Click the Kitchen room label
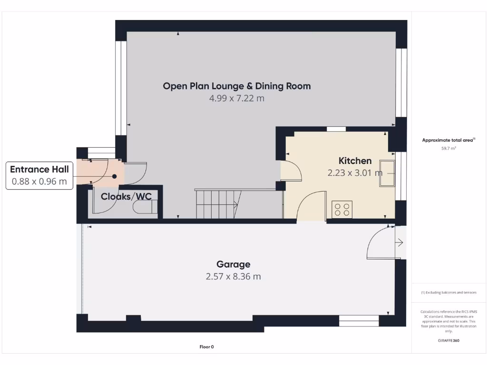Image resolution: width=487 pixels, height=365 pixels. click(355, 161)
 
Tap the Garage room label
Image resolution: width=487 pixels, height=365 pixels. click(233, 264)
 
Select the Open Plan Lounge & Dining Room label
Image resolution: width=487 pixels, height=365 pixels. click(237, 86)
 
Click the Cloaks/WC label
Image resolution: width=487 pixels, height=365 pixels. click(126, 196)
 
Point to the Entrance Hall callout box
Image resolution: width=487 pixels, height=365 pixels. click(39, 175)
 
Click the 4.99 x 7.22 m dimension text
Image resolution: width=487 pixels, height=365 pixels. click(237, 99)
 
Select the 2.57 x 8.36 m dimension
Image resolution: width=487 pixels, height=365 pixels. click(233, 277)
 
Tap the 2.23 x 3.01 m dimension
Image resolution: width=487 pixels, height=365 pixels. click(355, 173)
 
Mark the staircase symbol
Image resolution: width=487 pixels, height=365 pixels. click(218, 204)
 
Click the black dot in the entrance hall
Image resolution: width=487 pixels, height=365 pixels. click(115, 176)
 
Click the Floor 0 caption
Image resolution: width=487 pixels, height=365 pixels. click(206, 347)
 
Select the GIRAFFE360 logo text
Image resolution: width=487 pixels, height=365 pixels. click(449, 340)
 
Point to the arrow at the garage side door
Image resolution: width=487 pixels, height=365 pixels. click(399, 243)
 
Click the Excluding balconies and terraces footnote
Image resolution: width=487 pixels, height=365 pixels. click(449, 293)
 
